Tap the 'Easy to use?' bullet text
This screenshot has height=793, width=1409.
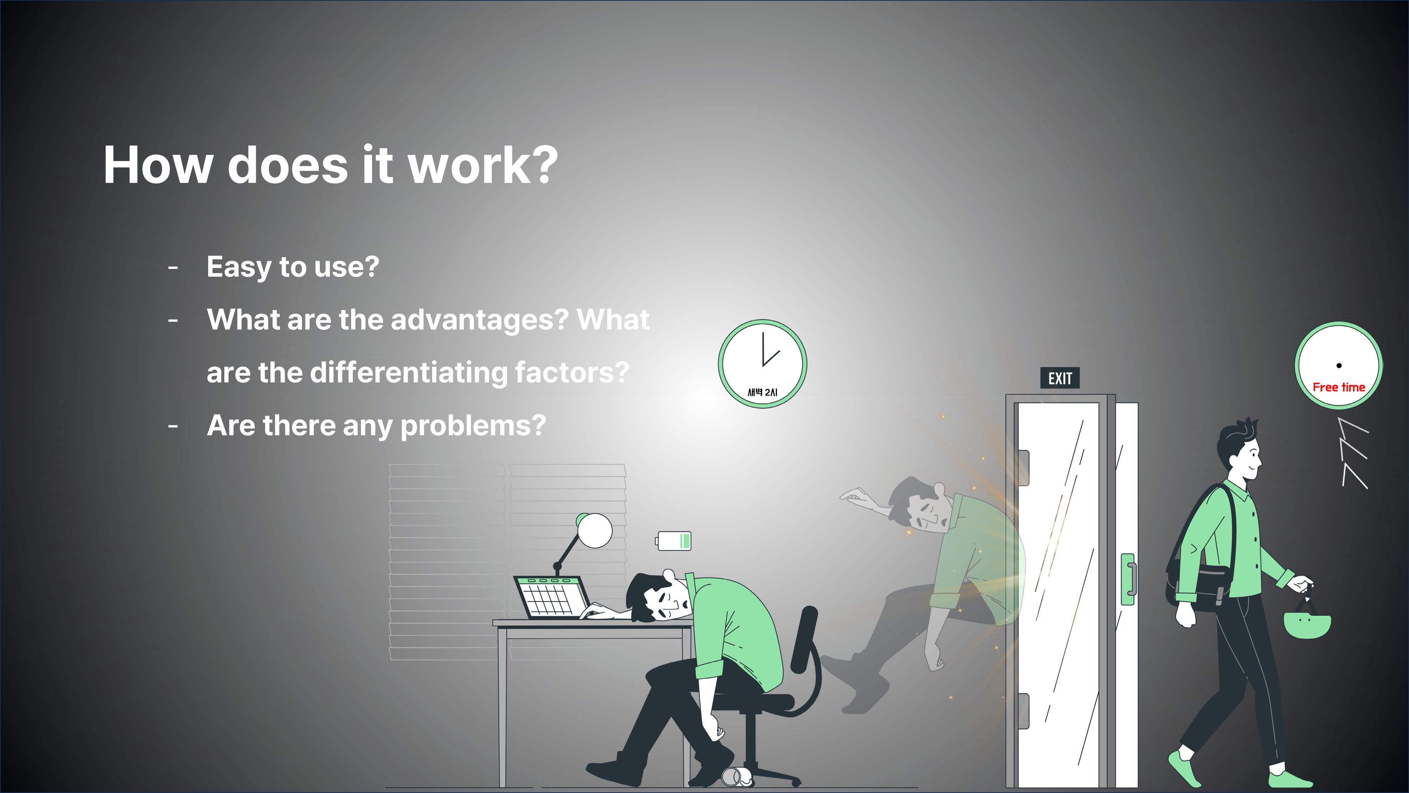(293, 267)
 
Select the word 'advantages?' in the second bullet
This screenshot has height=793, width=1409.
(480, 320)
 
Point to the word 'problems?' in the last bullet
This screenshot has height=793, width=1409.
(473, 426)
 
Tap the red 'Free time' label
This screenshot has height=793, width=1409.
(1339, 387)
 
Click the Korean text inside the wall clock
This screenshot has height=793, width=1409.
(762, 392)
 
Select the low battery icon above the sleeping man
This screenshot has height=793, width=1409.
(673, 541)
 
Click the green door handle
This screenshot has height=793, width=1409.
(1128, 579)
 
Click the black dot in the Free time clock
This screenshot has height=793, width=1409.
(1339, 365)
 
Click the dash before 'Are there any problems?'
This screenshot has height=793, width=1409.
(173, 426)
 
